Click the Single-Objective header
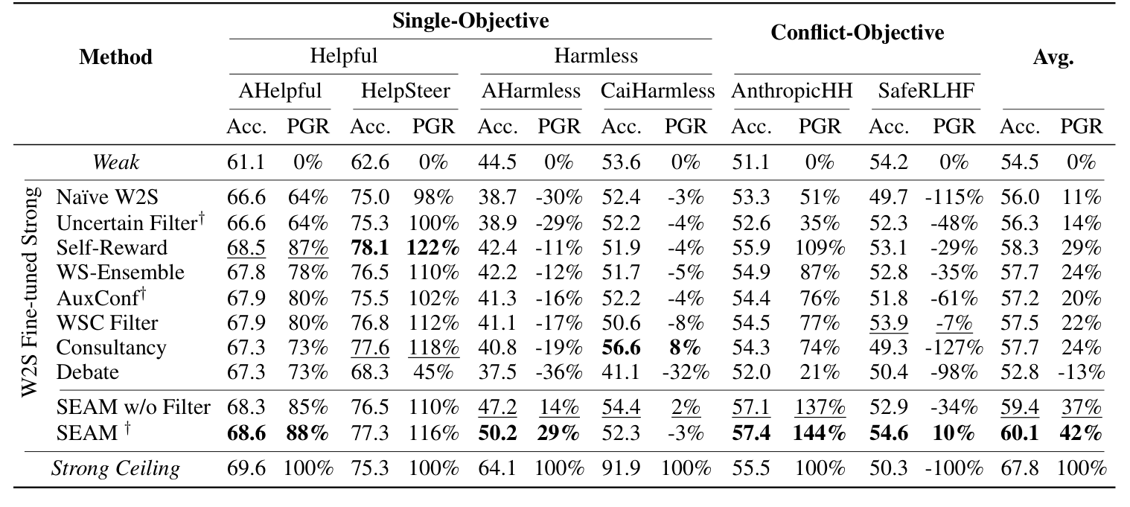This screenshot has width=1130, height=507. [470, 21]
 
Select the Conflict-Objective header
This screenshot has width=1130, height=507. [858, 33]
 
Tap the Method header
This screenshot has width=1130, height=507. [115, 57]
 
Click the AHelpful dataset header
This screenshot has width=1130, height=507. [280, 91]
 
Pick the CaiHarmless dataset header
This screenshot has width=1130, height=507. [657, 91]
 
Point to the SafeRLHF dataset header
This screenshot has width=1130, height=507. [925, 91]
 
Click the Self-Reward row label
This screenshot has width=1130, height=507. [112, 246]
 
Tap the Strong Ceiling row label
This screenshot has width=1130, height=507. [115, 468]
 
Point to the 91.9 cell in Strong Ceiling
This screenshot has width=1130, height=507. [620, 468]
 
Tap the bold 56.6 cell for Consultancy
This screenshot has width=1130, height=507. [620, 347]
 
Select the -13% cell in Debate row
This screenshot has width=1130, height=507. [1080, 372]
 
